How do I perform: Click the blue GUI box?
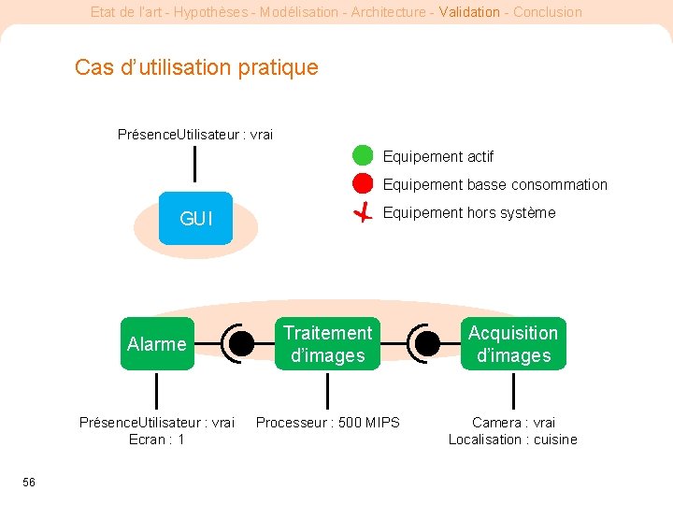coord(195,219)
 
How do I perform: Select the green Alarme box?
coord(156,344)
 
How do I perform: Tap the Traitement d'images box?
coord(327,344)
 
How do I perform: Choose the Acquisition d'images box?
coord(513,344)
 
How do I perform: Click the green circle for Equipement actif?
coord(363,156)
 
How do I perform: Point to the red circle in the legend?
coord(363,184)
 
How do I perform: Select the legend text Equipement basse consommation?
coord(494,185)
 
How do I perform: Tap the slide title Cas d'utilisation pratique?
coord(196,67)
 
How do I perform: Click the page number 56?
coord(29,482)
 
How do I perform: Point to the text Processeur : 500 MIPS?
coord(327,423)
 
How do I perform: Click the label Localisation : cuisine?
coord(512,440)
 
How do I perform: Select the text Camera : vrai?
coord(513,423)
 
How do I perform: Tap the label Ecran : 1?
coord(156,440)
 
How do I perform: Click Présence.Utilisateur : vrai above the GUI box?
coord(195,135)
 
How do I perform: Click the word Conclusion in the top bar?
coord(548,12)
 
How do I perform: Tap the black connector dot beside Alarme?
coord(241,344)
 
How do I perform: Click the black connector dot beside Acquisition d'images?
coord(427,344)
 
